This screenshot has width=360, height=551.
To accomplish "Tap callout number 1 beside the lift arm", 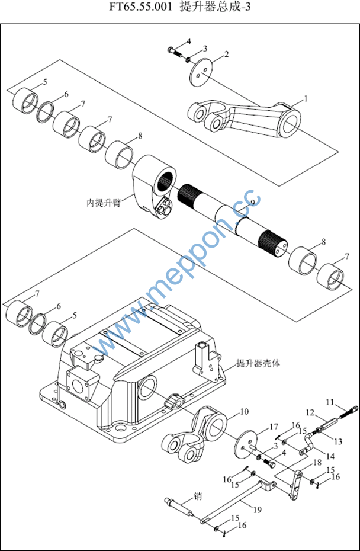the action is click(x=306, y=99).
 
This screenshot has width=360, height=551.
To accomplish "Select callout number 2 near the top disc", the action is click(x=227, y=54).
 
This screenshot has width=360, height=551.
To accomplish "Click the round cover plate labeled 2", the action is click(x=202, y=73).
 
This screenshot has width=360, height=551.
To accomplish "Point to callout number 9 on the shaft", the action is click(x=252, y=203).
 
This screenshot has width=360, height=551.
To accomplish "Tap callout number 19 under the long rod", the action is click(x=258, y=509).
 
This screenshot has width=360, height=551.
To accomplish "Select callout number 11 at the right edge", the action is click(x=330, y=401).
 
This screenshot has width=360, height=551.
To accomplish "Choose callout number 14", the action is click(x=330, y=456).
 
